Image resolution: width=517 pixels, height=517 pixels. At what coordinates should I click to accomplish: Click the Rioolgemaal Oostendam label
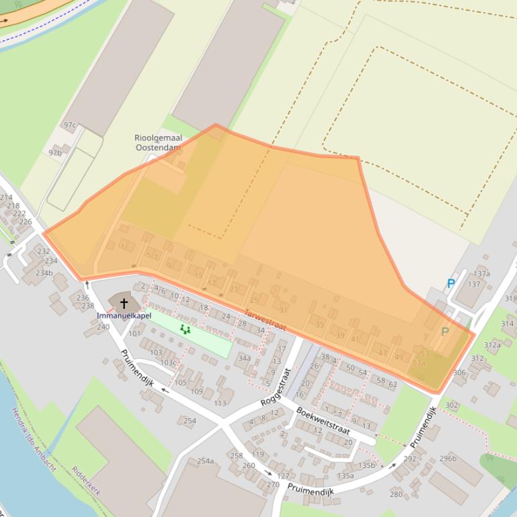tap(158, 142)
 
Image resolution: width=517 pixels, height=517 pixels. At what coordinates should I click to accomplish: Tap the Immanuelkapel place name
tap(124, 316)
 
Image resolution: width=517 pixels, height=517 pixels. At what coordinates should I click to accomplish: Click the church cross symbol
tap(124, 304)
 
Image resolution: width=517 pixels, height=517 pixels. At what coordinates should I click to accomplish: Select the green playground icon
tap(185, 329)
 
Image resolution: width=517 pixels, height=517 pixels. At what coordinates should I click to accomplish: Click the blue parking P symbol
tap(451, 284)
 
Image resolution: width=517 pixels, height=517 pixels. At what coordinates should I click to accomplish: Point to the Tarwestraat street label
tap(265, 320)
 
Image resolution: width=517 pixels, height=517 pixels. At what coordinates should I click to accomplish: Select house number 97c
tap(70, 125)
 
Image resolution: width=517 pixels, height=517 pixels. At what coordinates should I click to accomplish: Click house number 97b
tap(55, 153)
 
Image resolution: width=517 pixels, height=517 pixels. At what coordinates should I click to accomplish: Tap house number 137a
tap(481, 274)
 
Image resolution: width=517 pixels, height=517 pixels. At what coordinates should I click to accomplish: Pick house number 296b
tap(448, 459)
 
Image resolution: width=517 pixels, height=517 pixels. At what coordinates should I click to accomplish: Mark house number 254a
tap(205, 461)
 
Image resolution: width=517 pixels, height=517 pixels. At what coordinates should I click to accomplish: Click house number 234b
tap(44, 273)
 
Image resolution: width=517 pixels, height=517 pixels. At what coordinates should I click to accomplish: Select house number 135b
tap(367, 465)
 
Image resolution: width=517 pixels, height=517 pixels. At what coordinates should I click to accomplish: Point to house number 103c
tap(169, 363)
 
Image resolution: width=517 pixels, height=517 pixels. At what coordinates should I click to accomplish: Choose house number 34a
tap(244, 359)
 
